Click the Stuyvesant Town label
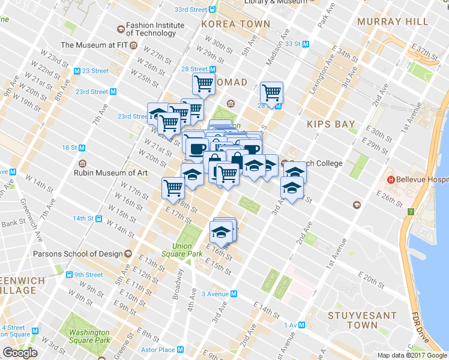point(363,320)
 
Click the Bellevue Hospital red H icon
point(391,179)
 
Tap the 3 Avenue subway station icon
point(234,294)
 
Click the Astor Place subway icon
point(180,350)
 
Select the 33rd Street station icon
point(212,10)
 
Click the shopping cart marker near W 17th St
point(173,188)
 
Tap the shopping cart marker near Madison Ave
point(272,93)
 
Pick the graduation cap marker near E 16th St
point(221,232)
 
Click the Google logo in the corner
point(20,353)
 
